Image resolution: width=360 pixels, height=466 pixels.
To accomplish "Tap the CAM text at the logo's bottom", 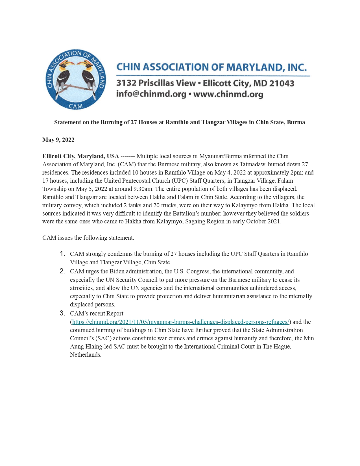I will [76, 106].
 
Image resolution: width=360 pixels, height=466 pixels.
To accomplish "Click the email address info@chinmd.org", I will [151, 94].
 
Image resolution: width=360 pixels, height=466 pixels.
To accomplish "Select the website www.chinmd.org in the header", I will [228, 94].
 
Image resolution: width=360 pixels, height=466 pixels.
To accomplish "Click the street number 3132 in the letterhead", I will [126, 83].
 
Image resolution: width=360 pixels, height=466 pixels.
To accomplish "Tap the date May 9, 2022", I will [58, 140].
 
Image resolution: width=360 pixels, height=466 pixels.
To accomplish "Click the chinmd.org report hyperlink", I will [181, 322].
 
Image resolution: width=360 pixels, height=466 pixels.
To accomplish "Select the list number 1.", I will [63, 254].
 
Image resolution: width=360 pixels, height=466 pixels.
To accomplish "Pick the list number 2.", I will [63, 271].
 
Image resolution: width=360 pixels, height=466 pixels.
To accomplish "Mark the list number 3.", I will [63, 313].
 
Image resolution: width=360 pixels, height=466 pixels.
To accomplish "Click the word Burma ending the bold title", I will [296, 122].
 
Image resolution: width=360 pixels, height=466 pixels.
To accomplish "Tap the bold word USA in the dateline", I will [113, 156].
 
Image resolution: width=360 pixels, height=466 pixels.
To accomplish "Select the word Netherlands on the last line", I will [86, 355].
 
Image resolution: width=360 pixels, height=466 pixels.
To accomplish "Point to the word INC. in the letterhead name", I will [297, 67].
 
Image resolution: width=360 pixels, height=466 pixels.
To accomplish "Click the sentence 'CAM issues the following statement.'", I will [88, 238].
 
